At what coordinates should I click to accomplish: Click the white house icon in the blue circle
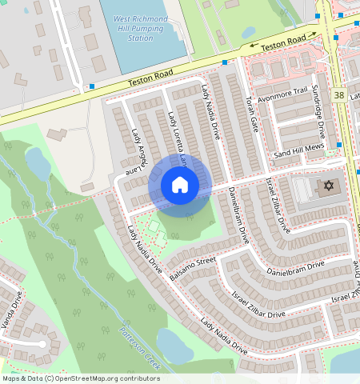(x=180, y=186)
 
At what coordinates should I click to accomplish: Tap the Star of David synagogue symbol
(x=326, y=186)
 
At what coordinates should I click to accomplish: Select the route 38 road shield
(x=340, y=95)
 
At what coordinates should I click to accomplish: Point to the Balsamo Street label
(x=194, y=269)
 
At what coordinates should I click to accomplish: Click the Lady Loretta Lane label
(x=178, y=140)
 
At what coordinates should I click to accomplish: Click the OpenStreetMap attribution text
(x=81, y=378)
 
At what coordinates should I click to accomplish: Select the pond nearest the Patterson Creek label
(x=174, y=345)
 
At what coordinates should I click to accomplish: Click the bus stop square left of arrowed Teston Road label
(x=225, y=62)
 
